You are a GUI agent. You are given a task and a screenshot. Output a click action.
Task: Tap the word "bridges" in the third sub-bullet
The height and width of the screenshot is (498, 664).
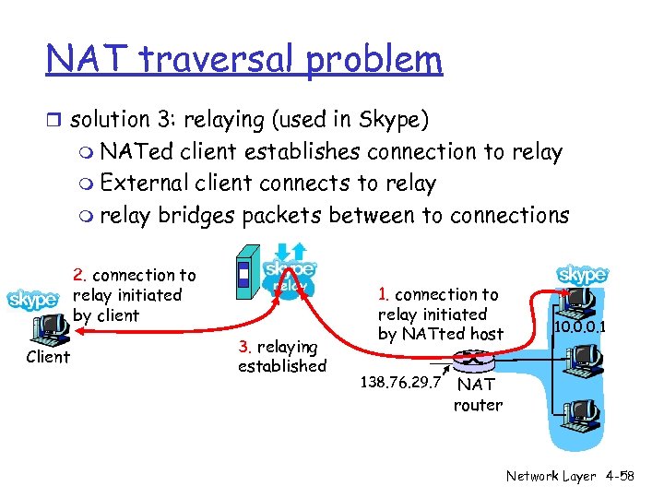click(195, 215)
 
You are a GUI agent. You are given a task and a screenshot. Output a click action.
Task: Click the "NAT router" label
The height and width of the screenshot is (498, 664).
click(477, 395)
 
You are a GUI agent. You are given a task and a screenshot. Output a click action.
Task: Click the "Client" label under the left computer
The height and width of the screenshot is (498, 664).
click(48, 357)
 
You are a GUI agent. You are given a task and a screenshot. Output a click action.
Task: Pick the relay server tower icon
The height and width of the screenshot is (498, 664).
click(243, 275)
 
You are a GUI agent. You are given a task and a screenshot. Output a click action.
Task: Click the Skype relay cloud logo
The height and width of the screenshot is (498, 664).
click(290, 273)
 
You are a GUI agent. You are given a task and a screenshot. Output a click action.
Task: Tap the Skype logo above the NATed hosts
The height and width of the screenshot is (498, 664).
click(583, 275)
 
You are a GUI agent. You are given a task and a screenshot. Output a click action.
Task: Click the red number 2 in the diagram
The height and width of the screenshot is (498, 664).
click(79, 275)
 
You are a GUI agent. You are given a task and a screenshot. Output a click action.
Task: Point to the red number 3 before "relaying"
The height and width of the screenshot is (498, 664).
click(243, 347)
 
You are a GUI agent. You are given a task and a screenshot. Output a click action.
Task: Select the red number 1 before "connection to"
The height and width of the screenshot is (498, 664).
click(385, 295)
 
